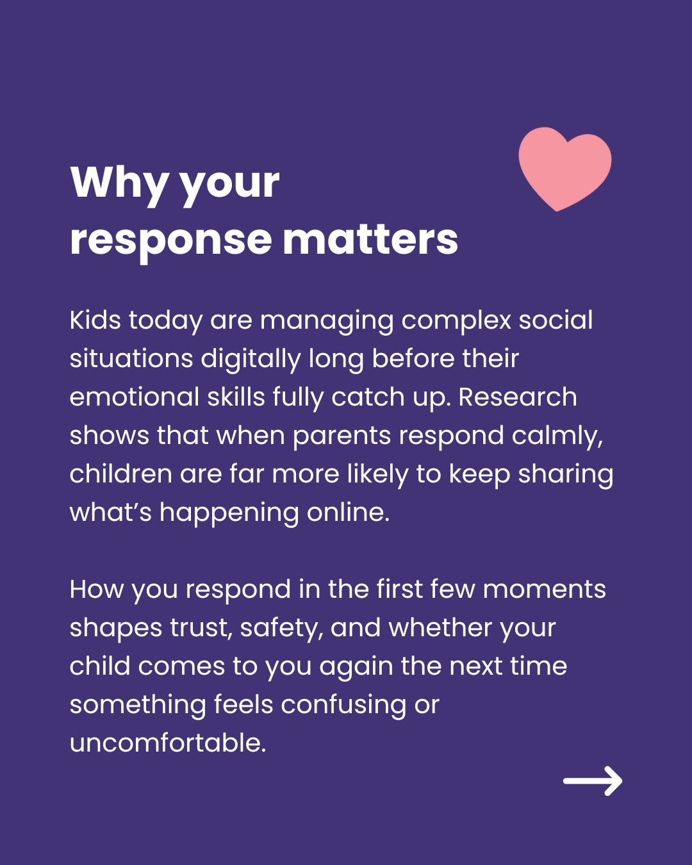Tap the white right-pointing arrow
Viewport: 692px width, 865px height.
pos(593,780)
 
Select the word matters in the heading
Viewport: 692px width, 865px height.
pos(370,240)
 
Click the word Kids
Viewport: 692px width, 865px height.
pos(95,320)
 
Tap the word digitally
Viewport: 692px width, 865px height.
pos(251,359)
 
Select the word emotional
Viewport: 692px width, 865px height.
pos(135,397)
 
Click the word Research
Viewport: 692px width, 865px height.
pos(518,397)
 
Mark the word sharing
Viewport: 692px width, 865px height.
pos(565,475)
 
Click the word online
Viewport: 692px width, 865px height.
pos(348,513)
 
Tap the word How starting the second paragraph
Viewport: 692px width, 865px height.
pos(97,589)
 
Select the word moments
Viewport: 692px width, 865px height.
pos(544,590)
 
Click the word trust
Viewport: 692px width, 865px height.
pos(201,629)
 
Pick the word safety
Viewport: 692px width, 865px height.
pos(282,629)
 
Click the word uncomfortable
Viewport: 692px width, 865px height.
pos(168,743)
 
